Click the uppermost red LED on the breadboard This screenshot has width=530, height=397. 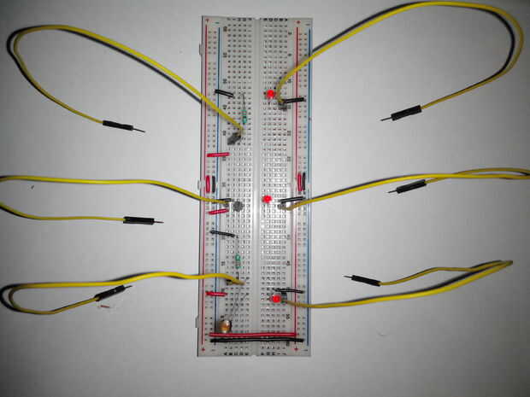[x=270, y=93]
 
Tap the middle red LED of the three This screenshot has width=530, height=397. [x=267, y=199]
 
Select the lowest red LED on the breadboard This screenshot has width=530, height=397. [x=277, y=298]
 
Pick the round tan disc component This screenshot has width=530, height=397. [x=225, y=324]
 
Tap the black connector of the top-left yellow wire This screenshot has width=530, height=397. [x=117, y=125]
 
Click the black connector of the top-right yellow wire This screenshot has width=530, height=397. [x=407, y=111]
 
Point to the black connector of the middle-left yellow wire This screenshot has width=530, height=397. [x=138, y=219]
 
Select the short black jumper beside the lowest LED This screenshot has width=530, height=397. [x=291, y=291]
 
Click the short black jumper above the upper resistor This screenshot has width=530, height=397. [x=224, y=92]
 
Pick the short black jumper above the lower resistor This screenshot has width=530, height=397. [x=222, y=233]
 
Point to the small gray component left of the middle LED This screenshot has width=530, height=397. [x=237, y=205]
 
